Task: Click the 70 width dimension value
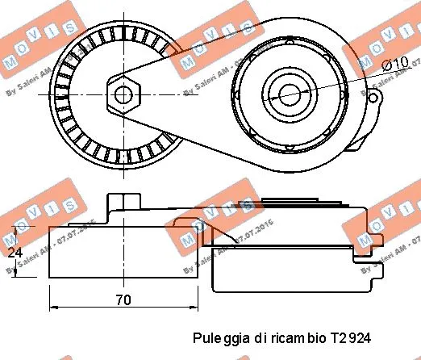coord(123,300)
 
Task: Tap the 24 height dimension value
coord(13,253)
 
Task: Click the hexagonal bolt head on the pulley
coord(123,94)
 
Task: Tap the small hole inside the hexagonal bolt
coord(123,94)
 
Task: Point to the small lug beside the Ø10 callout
coord(373,97)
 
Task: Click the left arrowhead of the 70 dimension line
coord(54,308)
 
